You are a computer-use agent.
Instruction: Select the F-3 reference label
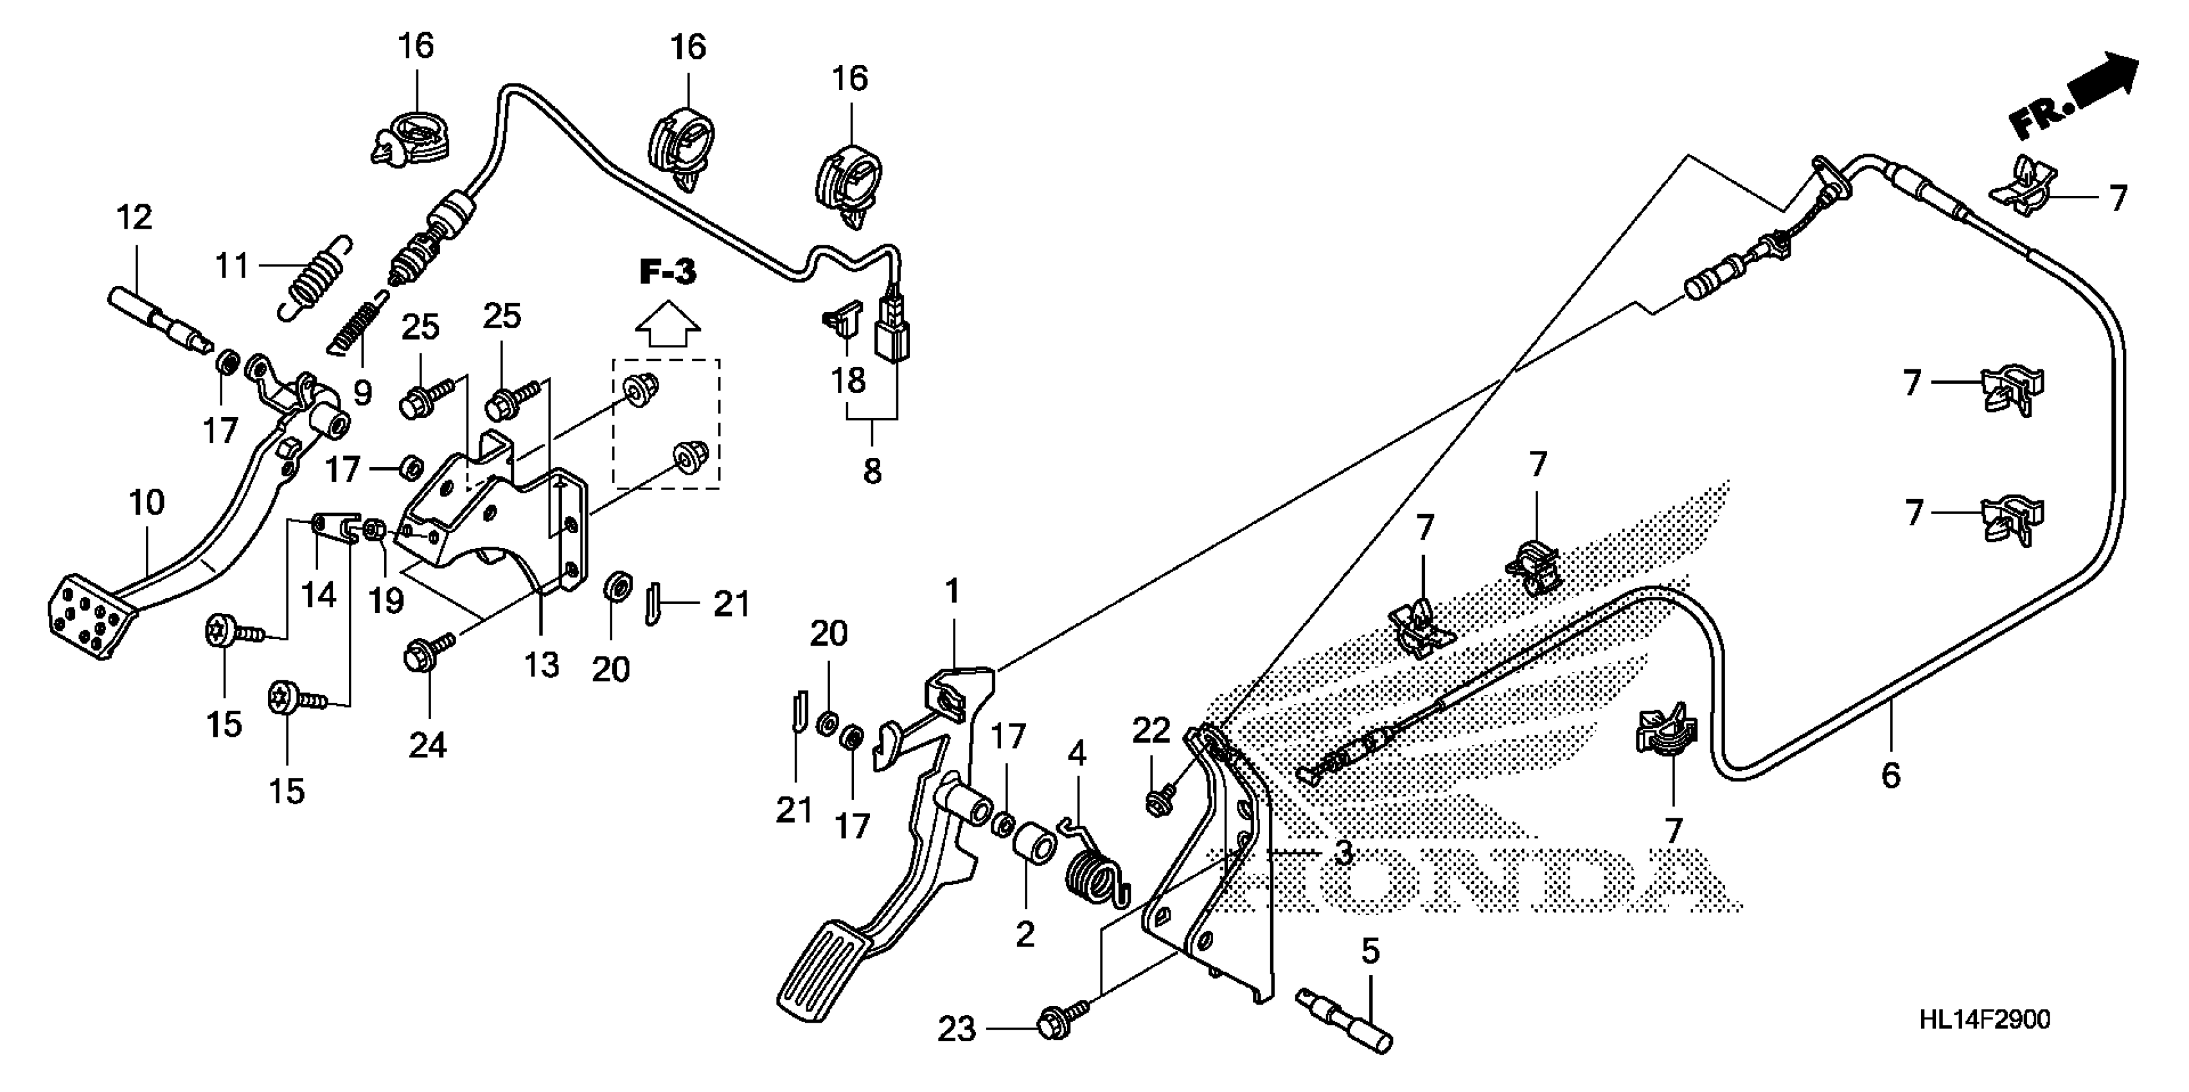coord(668,273)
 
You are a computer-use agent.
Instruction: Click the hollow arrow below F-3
coord(668,324)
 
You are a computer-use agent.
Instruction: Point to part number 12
coord(134,218)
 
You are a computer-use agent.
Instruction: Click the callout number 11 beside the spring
coord(232,266)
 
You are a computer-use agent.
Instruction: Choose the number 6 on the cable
coord(1891,776)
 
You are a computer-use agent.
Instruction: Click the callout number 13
coord(541,665)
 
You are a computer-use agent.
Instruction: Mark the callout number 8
coord(873,471)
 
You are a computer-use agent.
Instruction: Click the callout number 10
coord(146,503)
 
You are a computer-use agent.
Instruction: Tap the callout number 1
coord(953,592)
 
